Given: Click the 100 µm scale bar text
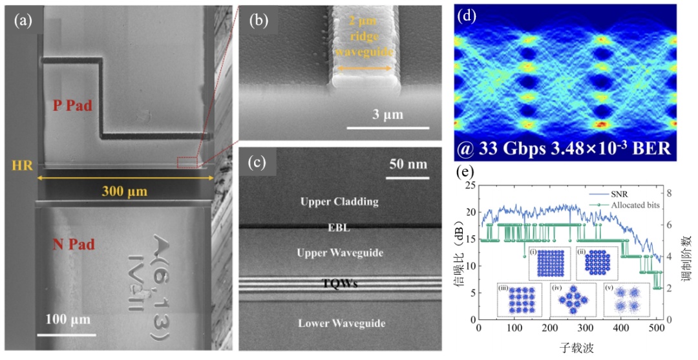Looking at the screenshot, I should [67, 319].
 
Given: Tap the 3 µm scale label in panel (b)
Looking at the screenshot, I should [387, 115].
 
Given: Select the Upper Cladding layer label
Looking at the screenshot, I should [339, 202].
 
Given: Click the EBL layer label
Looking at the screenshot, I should [339, 228].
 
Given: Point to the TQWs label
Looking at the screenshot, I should [339, 284].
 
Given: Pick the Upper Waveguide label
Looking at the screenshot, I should [339, 252].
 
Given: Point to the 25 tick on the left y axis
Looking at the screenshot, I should [469, 185].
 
